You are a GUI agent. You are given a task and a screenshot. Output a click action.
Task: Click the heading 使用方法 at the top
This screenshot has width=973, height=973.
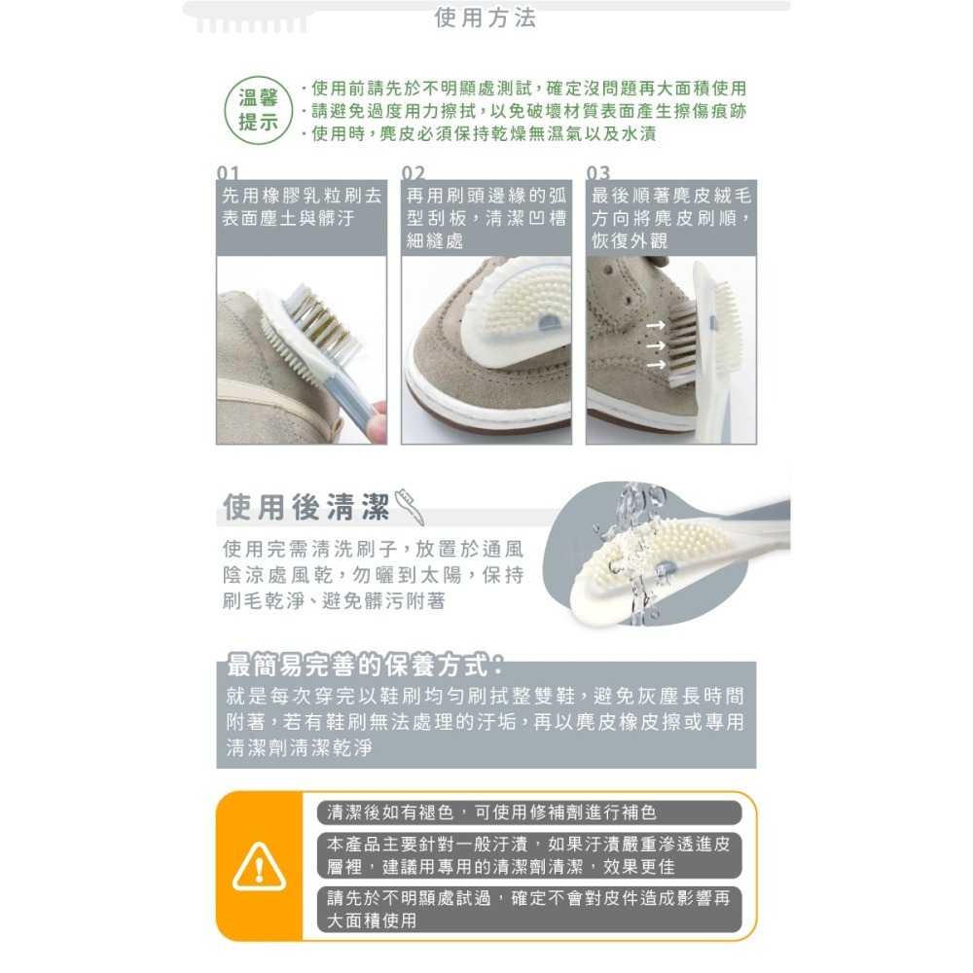(x=485, y=18)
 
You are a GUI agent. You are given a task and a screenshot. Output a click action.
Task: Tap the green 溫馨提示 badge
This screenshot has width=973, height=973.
(x=258, y=110)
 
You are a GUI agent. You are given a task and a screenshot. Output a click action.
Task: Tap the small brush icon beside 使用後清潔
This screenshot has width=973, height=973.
(x=408, y=507)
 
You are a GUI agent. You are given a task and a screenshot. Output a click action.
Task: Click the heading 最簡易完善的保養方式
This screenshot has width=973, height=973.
(x=363, y=667)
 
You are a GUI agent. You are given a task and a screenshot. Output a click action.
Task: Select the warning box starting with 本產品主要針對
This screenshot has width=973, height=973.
(x=528, y=855)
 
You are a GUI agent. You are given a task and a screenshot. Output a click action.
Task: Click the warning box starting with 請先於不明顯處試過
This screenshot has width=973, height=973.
(x=528, y=909)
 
